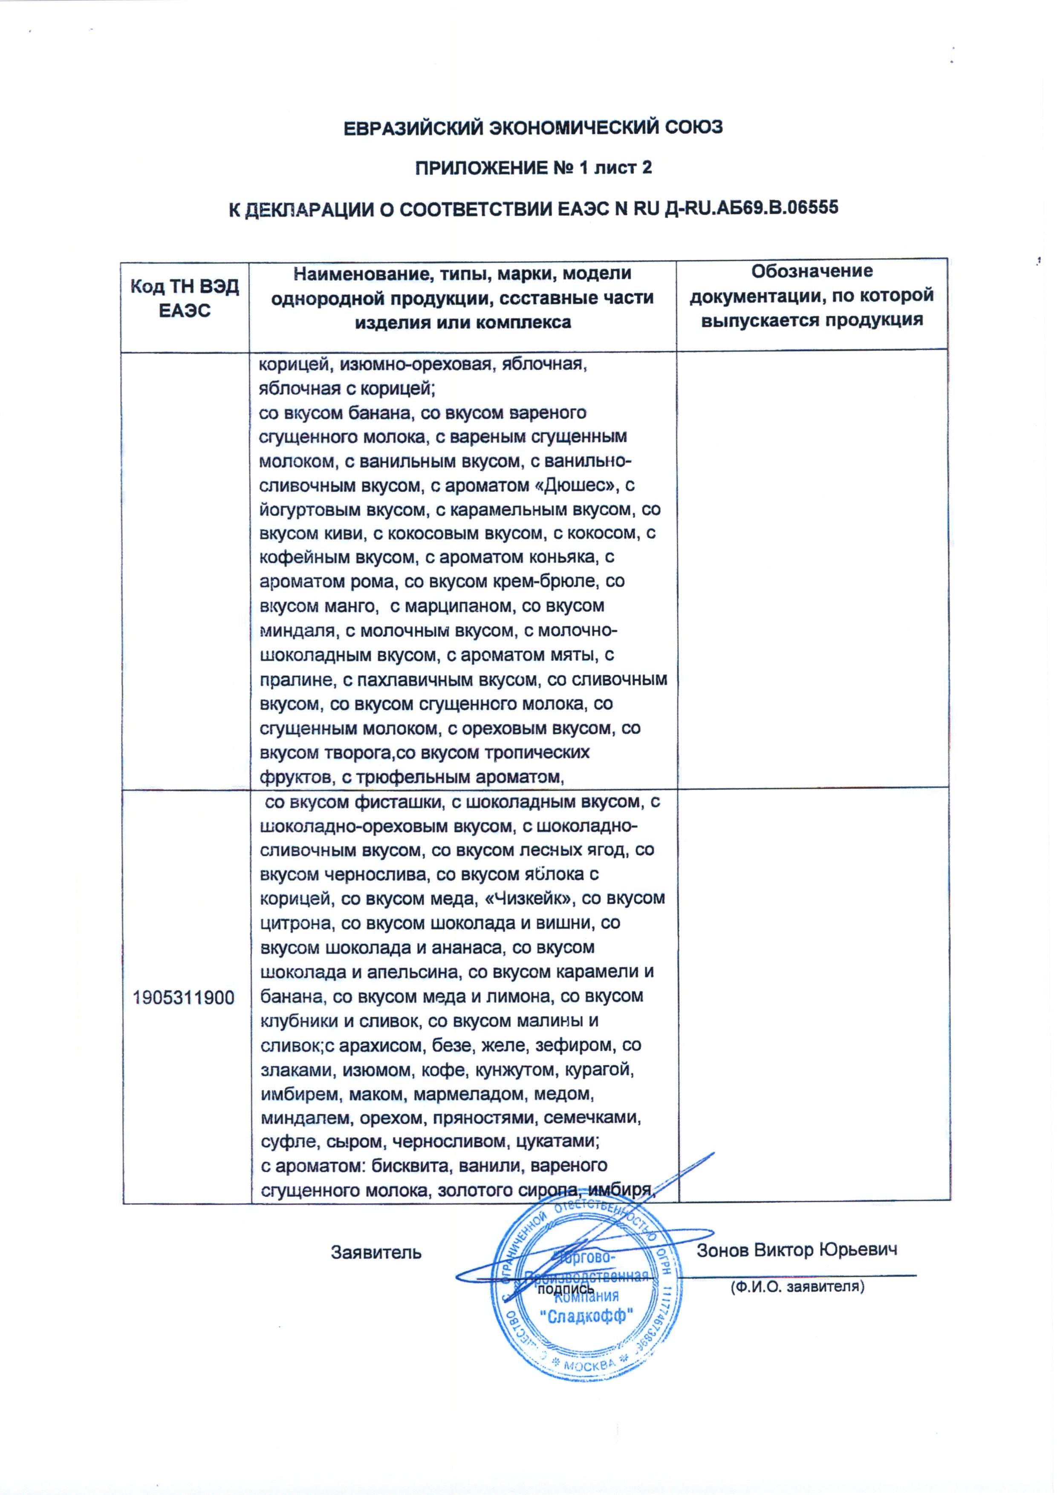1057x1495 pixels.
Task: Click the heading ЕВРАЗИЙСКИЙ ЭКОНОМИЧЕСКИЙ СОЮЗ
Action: click(x=533, y=128)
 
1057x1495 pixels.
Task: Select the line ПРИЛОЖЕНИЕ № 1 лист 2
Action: click(x=533, y=168)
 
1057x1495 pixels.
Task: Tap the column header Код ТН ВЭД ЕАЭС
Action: click(x=185, y=298)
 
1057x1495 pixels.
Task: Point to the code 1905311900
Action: click(x=184, y=997)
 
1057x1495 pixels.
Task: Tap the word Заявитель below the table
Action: click(x=376, y=1252)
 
